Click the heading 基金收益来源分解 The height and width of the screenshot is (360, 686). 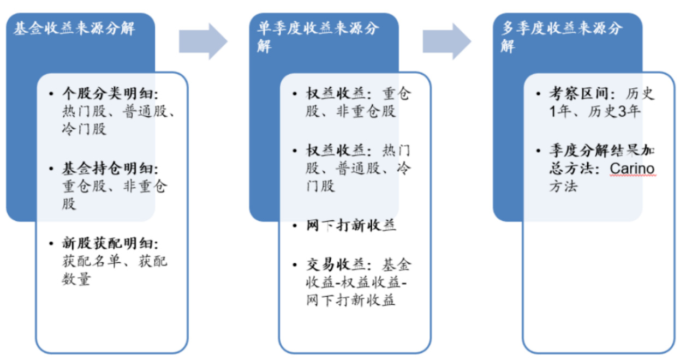tap(74, 29)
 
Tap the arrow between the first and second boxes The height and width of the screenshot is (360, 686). tap(202, 41)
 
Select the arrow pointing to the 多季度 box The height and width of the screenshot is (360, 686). tap(446, 41)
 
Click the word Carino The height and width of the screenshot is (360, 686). tap(632, 169)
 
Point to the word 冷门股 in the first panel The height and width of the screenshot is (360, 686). tap(85, 129)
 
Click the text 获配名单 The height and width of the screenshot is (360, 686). tap(96, 262)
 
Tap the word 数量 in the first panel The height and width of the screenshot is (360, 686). tap(76, 280)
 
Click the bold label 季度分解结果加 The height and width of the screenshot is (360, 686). tap(601, 150)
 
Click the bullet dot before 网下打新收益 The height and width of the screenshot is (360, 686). tap(295, 226)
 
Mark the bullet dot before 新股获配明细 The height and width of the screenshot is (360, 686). tap(51, 244)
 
